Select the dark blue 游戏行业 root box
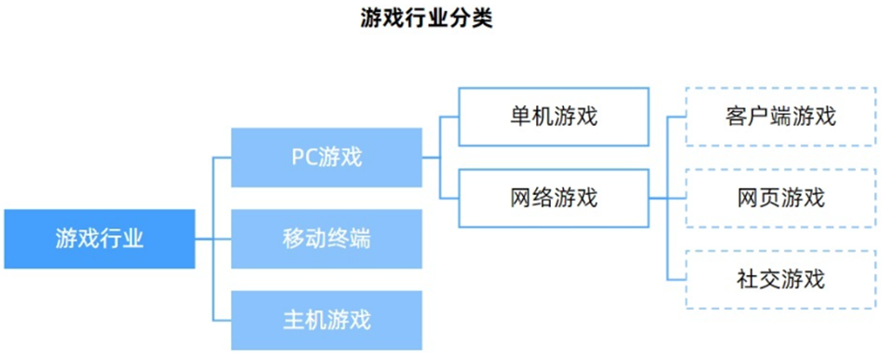tap(99, 239)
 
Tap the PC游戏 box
tap(325, 157)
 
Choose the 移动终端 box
tap(325, 239)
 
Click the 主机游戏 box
tap(325, 320)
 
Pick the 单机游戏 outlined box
tap(553, 117)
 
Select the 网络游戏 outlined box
tap(553, 198)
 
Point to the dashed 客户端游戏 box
tap(779, 117)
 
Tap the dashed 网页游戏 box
tap(779, 198)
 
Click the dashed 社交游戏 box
tap(779, 279)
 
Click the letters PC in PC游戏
tap(303, 157)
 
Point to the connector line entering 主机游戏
tap(223, 320)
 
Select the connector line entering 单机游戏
tap(449, 117)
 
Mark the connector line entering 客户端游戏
tap(677, 117)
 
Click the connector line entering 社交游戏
tap(677, 279)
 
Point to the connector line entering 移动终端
tap(223, 239)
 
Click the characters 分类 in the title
tap(474, 18)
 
